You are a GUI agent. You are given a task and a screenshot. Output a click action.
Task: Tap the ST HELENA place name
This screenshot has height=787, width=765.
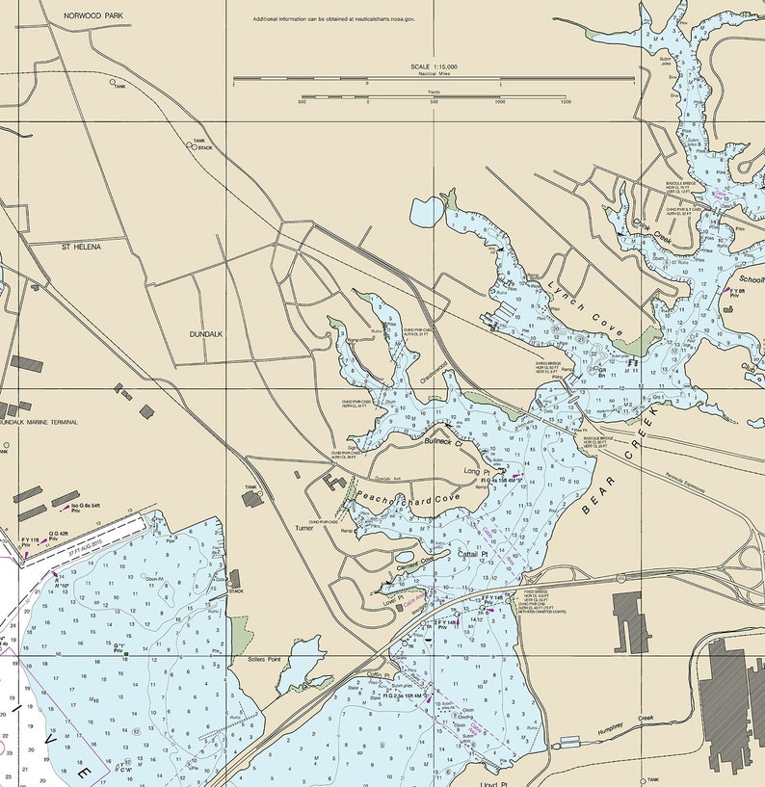(81, 247)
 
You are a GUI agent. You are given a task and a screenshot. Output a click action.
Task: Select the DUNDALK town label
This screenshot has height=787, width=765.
(206, 333)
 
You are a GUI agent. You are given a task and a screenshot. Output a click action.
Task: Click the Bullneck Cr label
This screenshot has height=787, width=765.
(444, 442)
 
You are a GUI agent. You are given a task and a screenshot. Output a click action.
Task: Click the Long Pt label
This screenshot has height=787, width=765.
(475, 471)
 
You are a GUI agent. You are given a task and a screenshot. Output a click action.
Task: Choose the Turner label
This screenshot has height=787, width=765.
(304, 528)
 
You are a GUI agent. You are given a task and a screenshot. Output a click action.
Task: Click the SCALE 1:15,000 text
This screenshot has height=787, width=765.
(434, 66)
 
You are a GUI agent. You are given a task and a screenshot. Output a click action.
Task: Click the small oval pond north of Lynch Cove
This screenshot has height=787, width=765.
(426, 211)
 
